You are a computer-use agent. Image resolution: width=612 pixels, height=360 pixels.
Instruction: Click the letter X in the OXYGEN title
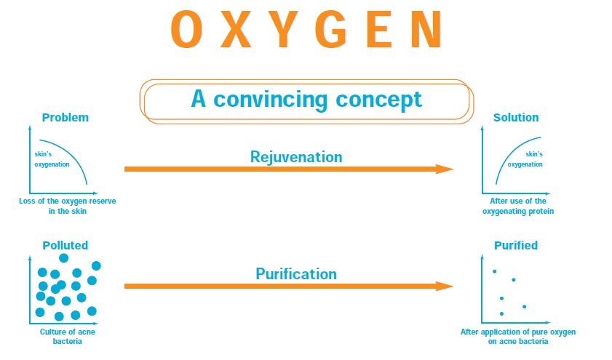click(x=236, y=29)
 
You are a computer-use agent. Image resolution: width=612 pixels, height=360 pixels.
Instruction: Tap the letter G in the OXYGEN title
click(x=331, y=29)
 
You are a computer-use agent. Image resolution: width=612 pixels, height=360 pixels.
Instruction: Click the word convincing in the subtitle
click(x=271, y=100)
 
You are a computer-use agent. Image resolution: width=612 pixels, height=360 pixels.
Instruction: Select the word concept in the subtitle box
click(x=378, y=100)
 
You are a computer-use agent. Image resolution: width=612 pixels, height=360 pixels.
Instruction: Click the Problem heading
click(x=65, y=117)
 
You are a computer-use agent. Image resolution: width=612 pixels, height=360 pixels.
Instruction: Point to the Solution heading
click(x=516, y=117)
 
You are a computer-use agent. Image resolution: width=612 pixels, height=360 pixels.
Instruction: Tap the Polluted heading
click(x=65, y=245)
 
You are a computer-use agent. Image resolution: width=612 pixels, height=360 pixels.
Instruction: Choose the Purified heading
click(x=516, y=245)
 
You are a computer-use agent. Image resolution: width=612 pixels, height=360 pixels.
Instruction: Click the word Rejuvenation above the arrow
click(x=296, y=157)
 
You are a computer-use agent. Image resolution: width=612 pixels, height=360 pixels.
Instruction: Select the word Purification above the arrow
click(x=296, y=273)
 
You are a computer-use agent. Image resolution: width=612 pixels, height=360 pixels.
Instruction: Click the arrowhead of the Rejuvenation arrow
click(x=444, y=169)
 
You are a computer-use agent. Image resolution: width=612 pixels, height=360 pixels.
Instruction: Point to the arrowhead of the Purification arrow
click(x=444, y=287)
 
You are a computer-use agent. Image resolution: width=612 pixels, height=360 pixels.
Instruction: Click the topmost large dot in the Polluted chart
click(x=63, y=257)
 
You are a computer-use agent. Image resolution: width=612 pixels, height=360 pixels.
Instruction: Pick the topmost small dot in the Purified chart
click(x=495, y=271)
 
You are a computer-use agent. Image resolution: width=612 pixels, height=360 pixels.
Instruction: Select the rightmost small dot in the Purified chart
click(x=524, y=307)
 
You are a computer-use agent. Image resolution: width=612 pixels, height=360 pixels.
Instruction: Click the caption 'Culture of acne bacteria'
click(x=67, y=337)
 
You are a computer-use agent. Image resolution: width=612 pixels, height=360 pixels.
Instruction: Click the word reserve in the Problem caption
click(x=103, y=201)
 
